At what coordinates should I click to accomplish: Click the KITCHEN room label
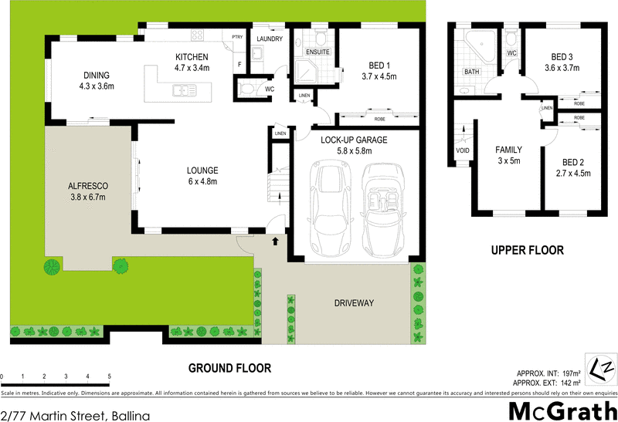(x=192, y=57)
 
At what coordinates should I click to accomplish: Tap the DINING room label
(x=98, y=75)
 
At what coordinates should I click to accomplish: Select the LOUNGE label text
(x=202, y=170)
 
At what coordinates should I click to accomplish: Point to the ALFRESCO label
(x=87, y=186)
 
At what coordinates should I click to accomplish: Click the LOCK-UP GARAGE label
(x=354, y=140)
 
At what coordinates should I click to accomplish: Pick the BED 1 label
(x=379, y=66)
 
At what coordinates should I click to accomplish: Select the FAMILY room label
(x=508, y=150)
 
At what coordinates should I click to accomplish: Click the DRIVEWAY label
(x=355, y=303)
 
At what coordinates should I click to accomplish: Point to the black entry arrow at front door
(x=276, y=241)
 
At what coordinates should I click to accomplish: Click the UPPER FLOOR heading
(x=528, y=250)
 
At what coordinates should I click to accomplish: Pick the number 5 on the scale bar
(x=110, y=376)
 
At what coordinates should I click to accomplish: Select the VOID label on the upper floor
(x=463, y=150)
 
